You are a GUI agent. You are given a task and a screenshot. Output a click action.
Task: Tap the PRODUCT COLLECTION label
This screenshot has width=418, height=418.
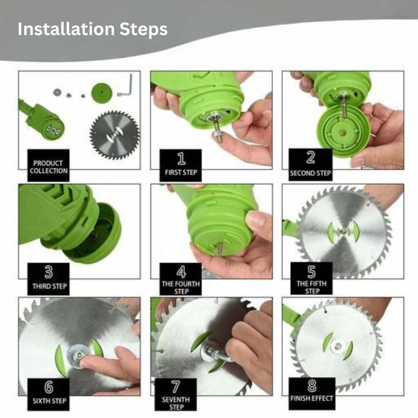point(48,166)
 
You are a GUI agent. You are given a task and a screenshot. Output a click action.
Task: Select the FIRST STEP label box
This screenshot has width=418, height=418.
point(181,165)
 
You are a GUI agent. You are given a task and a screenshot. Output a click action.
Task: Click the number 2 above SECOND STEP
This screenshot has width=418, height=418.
point(311,158)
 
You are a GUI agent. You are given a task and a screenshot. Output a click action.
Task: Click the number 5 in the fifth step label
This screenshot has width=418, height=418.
point(311,272)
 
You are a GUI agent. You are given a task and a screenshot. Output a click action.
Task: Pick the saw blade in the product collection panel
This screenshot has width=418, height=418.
point(115,135)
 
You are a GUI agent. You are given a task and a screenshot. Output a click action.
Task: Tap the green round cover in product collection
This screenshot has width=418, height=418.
point(102,92)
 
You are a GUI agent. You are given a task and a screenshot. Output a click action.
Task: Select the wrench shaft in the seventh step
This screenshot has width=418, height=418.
point(220,355)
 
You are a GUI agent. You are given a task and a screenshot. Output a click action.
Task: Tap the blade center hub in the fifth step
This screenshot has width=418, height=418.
point(344,231)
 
